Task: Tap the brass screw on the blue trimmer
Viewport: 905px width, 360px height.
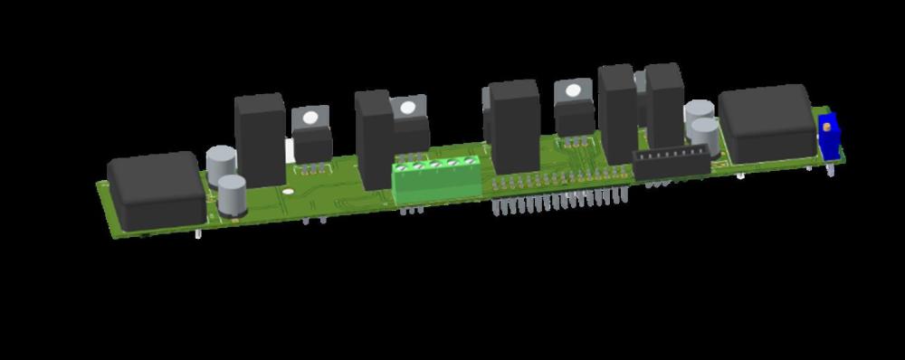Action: tap(826, 128)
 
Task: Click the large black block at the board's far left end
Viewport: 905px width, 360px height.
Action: tap(157, 190)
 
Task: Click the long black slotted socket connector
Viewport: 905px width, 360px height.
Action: tap(671, 164)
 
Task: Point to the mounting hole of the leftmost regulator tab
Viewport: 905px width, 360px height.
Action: tap(311, 117)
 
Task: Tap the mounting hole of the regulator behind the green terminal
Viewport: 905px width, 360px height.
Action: tap(408, 109)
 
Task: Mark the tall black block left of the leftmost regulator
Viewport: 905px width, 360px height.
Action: tap(260, 139)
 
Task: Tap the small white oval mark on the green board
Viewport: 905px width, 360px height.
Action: tap(287, 192)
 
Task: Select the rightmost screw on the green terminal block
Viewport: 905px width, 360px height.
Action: tap(469, 162)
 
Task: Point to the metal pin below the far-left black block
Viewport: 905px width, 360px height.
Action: tap(198, 234)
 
